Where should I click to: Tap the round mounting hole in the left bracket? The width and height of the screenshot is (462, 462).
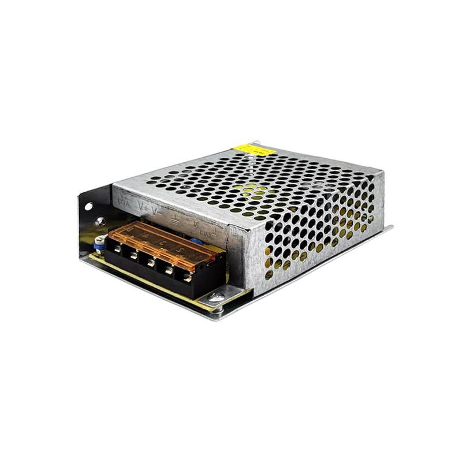tap(88, 206)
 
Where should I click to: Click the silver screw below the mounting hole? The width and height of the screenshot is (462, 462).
tap(100, 221)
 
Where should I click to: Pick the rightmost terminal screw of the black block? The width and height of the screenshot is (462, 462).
tap(187, 277)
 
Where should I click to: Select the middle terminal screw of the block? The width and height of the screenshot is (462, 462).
tap(150, 262)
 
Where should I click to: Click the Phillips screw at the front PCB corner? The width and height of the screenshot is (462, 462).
tap(217, 297)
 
